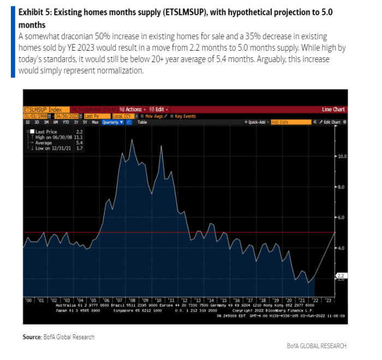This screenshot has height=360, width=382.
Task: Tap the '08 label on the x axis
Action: [x=132, y=299]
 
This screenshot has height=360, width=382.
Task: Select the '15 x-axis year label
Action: [x=224, y=299]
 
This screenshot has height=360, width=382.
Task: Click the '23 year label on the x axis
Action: [x=328, y=299]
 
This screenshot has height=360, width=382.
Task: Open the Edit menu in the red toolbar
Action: [x=160, y=110]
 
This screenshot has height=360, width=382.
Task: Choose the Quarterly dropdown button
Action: [x=113, y=122]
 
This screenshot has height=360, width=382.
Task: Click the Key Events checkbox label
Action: [x=184, y=116]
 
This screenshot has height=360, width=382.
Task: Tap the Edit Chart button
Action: [x=331, y=122]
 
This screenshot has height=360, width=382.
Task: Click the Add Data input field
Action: [x=282, y=122]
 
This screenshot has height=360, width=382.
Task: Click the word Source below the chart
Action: [x=32, y=337]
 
